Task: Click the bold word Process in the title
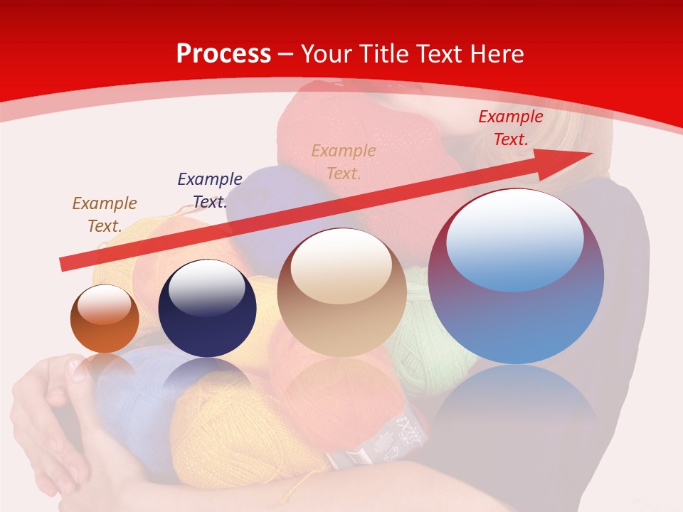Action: tap(223, 54)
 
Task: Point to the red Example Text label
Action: tap(510, 128)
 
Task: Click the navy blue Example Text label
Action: tap(210, 191)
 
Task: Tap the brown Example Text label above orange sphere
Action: tap(105, 214)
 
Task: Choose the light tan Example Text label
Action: tap(344, 162)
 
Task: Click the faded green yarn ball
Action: tap(427, 348)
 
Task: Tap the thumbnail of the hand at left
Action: tap(76, 368)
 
